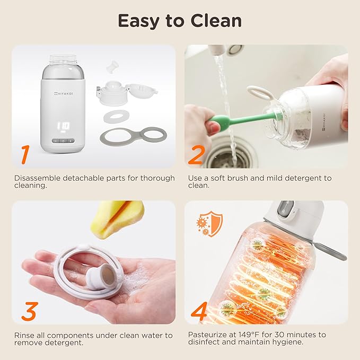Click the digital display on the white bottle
pos(64,127)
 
